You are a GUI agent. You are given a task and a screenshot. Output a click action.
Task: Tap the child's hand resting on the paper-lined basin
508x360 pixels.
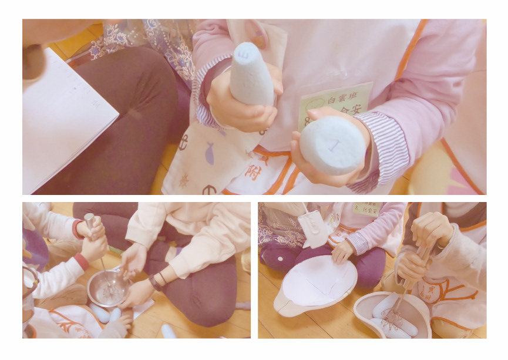(x=342, y=251)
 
